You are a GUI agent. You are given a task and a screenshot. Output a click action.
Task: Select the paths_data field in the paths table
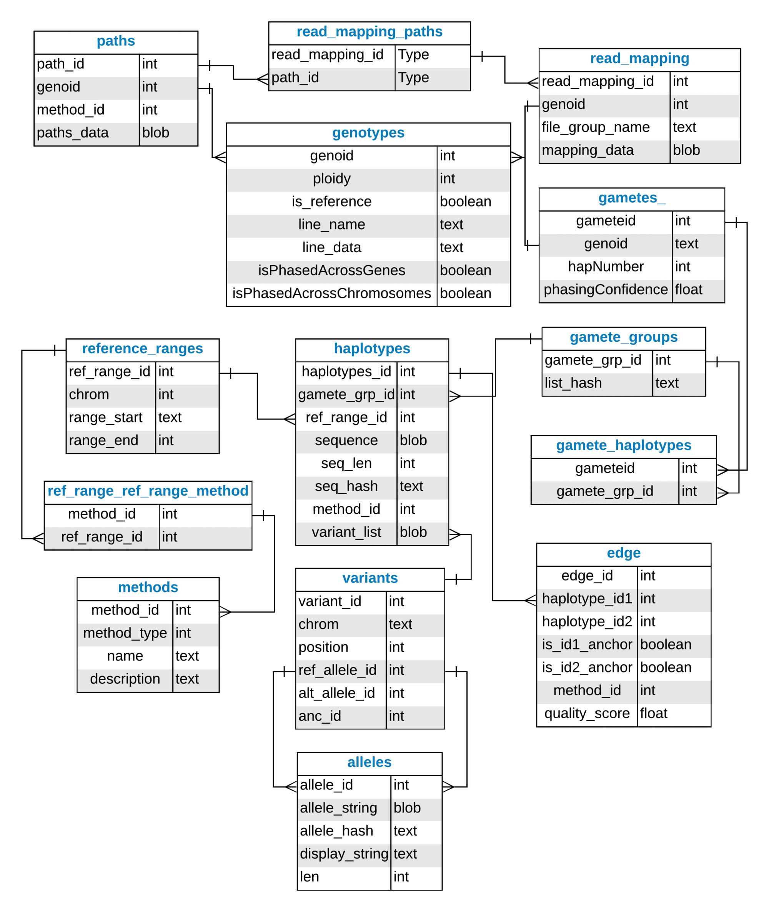click(x=73, y=133)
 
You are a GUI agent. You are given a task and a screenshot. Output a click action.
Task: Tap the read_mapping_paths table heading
click(x=369, y=32)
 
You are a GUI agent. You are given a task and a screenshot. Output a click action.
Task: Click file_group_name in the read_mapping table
click(x=596, y=127)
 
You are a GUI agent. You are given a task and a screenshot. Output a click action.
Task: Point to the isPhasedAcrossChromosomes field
click(x=331, y=293)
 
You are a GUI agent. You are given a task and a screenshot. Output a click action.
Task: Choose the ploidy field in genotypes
click(x=331, y=179)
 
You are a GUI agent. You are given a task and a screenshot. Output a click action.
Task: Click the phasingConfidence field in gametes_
click(x=606, y=290)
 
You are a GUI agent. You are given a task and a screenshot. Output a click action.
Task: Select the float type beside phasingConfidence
click(x=688, y=290)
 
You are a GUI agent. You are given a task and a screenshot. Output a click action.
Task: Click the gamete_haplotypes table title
click(x=623, y=446)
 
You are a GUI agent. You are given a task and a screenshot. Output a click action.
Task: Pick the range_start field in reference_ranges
click(x=105, y=418)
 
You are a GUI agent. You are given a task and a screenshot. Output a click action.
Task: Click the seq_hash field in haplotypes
click(x=346, y=486)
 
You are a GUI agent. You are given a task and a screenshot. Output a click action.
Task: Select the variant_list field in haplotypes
click(x=346, y=532)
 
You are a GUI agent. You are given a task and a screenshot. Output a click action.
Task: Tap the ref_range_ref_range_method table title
click(x=148, y=491)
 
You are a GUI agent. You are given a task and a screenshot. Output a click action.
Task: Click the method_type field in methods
click(x=125, y=633)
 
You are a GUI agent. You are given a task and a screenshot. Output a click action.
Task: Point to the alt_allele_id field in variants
click(x=336, y=693)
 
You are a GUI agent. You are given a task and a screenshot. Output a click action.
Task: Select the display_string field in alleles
click(x=343, y=854)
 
